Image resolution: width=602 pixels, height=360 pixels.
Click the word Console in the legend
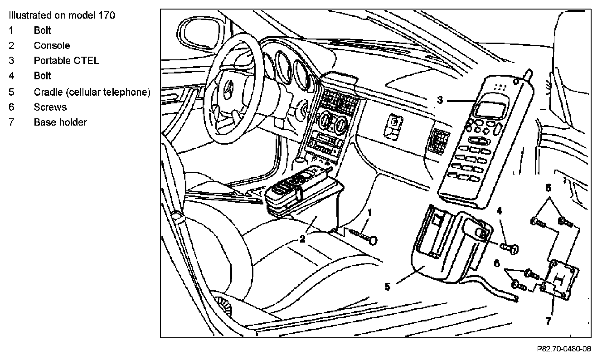[52, 45]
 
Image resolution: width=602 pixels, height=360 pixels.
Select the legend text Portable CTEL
[66, 61]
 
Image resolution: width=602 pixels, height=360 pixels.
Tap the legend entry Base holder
[60, 122]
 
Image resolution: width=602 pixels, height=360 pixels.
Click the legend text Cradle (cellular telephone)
[92, 92]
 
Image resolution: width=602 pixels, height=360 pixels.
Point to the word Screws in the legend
[50, 107]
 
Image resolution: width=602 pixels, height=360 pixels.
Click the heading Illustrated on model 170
[61, 15]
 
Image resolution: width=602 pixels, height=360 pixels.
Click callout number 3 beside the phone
[440, 100]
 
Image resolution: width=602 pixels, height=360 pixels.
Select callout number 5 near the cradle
[388, 286]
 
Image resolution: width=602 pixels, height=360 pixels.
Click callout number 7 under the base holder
[548, 321]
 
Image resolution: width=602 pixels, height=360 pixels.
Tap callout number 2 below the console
[302, 238]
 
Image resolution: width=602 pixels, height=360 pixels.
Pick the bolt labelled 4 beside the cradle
[511, 248]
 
